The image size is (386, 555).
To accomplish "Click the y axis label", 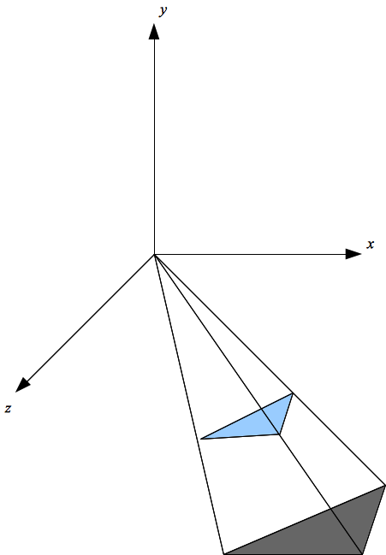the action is pyautogui.click(x=162, y=10).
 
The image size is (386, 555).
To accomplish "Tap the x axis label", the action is pyautogui.click(x=371, y=245).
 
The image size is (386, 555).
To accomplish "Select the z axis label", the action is pyautogui.click(x=8, y=409).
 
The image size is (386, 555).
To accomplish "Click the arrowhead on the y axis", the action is pyautogui.click(x=154, y=32).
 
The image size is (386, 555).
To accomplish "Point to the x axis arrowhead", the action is pyautogui.click(x=353, y=254).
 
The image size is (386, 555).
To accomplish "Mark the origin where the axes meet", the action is pyautogui.click(x=154, y=254).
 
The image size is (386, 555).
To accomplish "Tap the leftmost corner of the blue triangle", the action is pyautogui.click(x=201, y=439).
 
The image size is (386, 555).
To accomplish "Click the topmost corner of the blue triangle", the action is pyautogui.click(x=293, y=393).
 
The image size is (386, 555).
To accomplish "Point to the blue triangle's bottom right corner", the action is pyautogui.click(x=279, y=434).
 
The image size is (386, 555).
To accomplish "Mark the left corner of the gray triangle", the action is pyautogui.click(x=224, y=553).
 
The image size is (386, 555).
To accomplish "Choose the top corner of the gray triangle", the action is pyautogui.click(x=384, y=484).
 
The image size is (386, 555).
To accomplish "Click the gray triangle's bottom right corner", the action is pyautogui.click(x=362, y=553).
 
